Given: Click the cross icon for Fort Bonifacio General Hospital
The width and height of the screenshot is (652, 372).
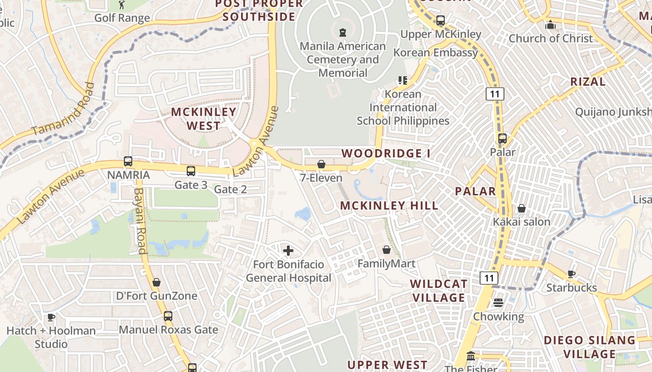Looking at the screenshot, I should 288,251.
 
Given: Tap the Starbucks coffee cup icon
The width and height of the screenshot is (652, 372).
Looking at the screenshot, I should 571,274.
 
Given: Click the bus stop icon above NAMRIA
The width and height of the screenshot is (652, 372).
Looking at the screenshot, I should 128,161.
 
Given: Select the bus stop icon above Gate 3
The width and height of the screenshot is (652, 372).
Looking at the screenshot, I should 191,171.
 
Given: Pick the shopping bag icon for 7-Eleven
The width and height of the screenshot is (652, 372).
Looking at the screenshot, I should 321,164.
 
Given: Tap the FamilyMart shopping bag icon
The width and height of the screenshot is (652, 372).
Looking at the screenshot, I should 386,250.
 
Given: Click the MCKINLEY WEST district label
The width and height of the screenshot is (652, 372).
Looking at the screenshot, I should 204,119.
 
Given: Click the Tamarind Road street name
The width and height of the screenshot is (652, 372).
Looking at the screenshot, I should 62,109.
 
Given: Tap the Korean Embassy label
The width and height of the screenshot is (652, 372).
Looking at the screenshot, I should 435,53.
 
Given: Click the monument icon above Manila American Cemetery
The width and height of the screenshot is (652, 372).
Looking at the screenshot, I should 343,32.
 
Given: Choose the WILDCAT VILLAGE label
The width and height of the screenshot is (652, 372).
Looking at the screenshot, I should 439,291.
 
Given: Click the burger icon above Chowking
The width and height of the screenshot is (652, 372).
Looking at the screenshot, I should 498,303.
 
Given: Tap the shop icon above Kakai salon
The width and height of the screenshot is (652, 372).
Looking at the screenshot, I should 522,208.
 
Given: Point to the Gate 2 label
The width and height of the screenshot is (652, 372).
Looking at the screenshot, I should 230,189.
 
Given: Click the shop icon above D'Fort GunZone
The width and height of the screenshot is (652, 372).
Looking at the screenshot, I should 156,282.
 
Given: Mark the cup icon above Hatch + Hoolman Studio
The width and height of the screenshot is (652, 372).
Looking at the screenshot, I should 51,317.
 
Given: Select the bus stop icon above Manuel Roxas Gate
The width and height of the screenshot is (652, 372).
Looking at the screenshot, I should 168,316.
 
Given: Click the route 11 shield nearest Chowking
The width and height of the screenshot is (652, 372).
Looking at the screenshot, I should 489,278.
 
